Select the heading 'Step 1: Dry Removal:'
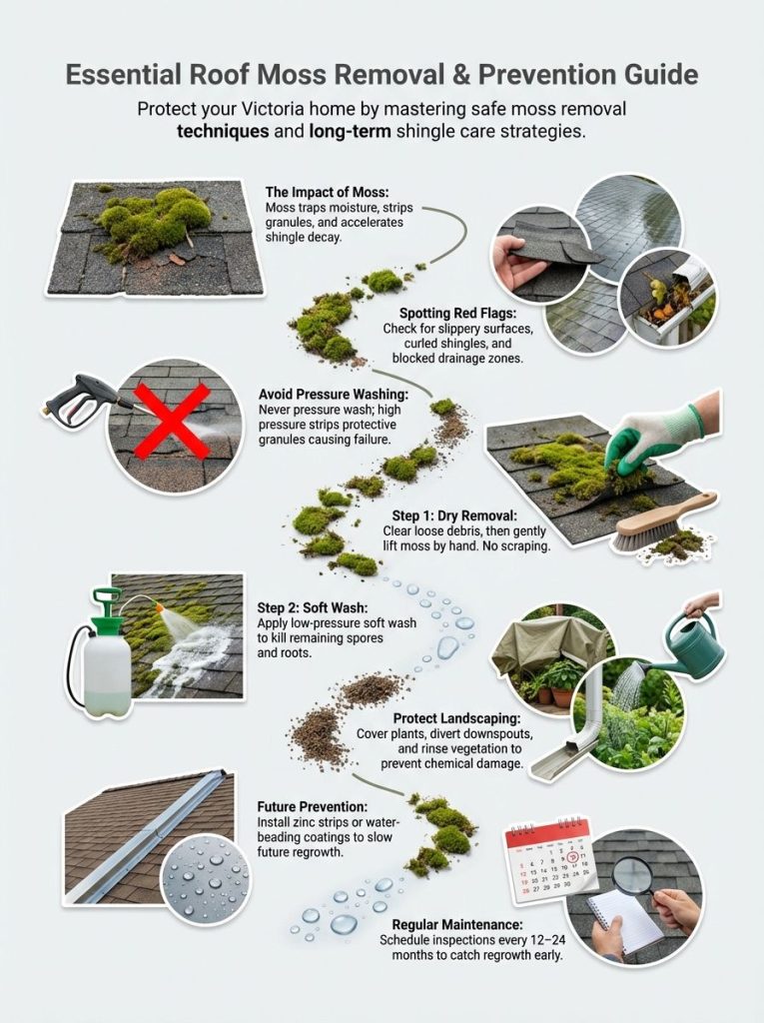coord(449,516)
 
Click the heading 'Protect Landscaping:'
coord(456,718)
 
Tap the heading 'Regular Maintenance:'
coord(460,925)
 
